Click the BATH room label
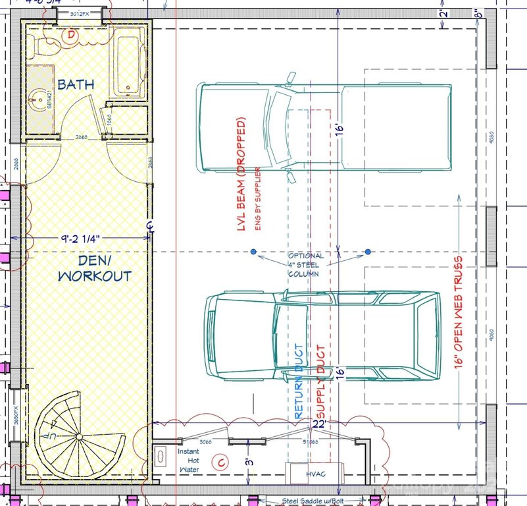(75, 84)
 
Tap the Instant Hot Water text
(189, 460)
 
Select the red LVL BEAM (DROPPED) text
(241, 174)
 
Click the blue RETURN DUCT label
(299, 381)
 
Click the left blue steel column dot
(253, 252)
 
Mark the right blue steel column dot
(368, 252)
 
